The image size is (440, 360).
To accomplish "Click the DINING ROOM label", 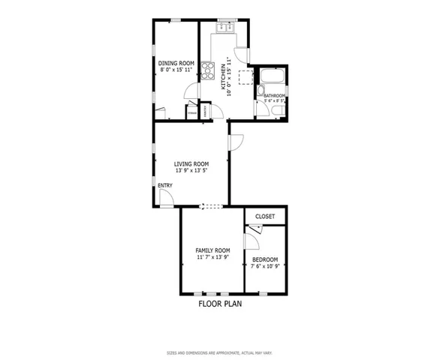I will pos(177,63).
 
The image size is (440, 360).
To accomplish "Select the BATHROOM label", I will pos(274,95).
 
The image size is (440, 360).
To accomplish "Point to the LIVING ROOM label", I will pos(191,163).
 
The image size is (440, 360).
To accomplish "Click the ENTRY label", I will pos(164,185).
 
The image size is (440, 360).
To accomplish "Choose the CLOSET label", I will pos(265,217).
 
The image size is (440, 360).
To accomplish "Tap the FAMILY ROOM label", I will pos(212,250).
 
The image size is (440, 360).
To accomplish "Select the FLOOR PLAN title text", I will pos(220,304).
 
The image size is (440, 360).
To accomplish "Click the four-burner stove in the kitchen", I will pos(223,72).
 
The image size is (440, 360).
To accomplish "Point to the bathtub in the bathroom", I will pos(270,77).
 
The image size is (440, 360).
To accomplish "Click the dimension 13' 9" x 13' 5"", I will pos(191,170).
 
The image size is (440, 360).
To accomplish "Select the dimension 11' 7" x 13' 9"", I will pos(212,256).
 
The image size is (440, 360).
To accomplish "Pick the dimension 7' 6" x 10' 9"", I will pos(266,265).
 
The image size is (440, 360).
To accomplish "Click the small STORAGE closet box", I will pos(193,113).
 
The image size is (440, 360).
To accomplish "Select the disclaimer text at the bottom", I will pos(220,352).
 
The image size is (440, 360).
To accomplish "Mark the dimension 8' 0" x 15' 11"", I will pos(177,69).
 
